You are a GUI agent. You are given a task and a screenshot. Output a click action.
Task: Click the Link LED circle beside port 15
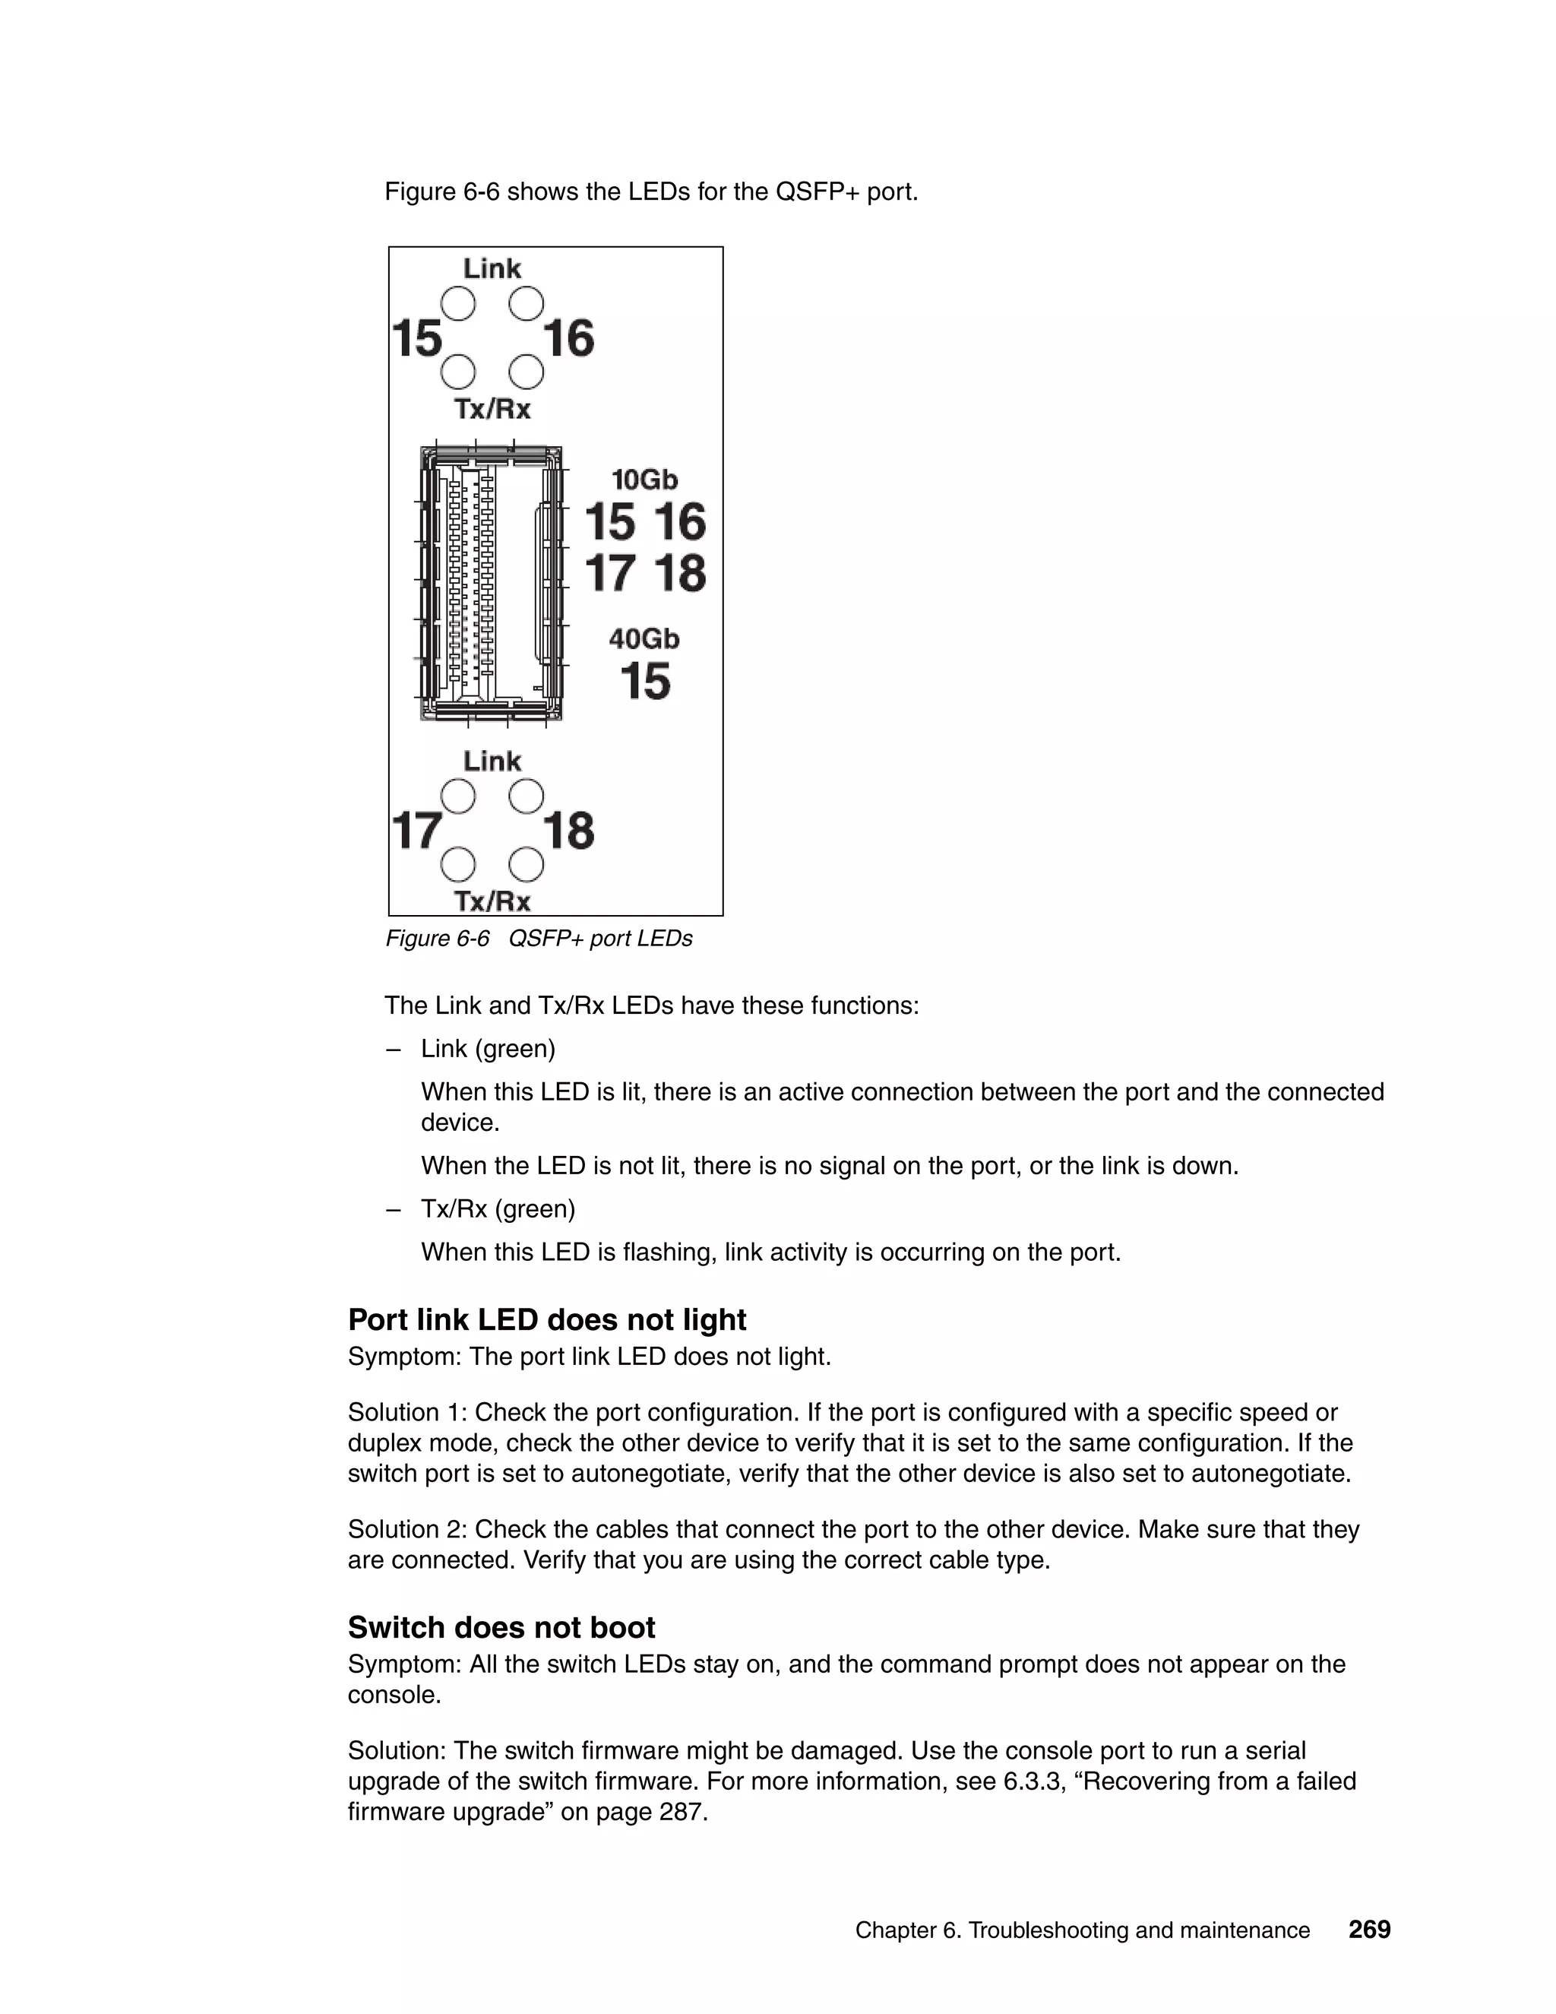458,303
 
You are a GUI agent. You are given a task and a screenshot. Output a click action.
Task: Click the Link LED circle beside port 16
527,303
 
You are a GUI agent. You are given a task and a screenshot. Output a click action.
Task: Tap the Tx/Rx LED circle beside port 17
458,865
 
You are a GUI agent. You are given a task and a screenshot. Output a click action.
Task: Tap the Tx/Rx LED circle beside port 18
527,865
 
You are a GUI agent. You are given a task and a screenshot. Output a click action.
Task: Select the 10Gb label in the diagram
644,480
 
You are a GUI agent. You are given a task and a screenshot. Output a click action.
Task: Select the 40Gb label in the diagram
644,638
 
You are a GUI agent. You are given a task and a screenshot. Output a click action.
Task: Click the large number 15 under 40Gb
644,682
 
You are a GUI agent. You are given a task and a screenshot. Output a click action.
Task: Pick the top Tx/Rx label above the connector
492,409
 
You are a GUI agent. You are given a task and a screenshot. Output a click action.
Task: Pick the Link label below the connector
492,761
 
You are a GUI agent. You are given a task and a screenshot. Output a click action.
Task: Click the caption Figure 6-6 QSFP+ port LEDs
539,939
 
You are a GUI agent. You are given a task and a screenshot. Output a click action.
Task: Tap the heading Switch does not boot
501,1628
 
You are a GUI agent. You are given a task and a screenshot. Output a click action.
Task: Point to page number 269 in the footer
1369,1930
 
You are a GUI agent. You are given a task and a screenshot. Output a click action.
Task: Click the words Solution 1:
406,1413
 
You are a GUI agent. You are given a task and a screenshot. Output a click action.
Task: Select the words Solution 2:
406,1530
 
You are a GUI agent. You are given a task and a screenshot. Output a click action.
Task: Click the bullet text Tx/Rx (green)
498,1209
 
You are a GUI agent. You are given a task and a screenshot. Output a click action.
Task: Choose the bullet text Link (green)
488,1050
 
